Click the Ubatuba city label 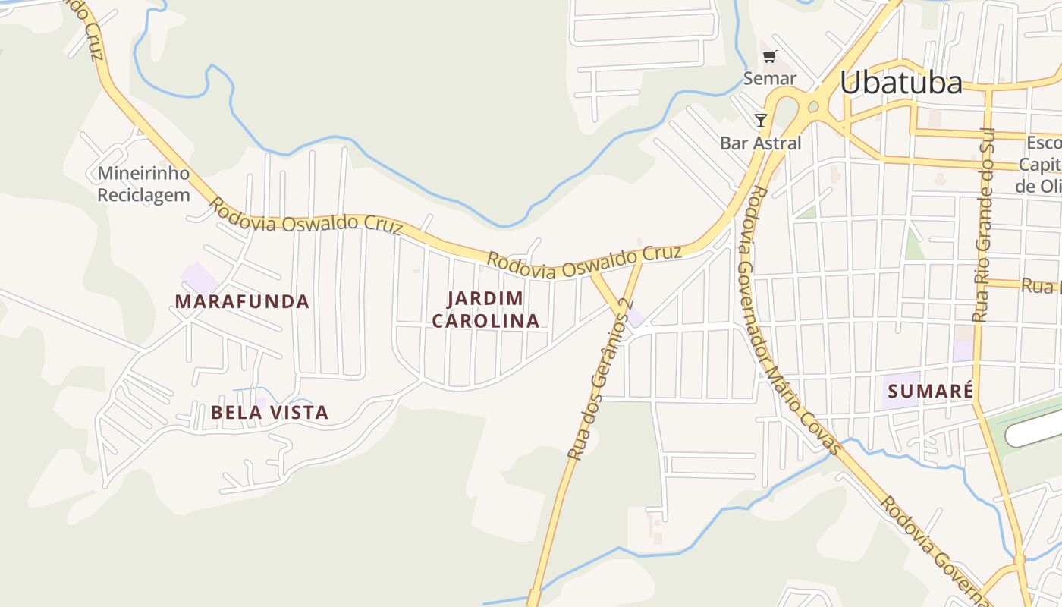900,83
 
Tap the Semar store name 769,78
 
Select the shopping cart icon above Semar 770,56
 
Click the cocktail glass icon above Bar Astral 760,120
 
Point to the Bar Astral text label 760,143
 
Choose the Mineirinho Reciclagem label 143,184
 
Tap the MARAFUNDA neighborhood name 242,301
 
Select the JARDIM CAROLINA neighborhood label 485,310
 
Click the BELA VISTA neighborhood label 269,413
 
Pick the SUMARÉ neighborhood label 929,392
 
